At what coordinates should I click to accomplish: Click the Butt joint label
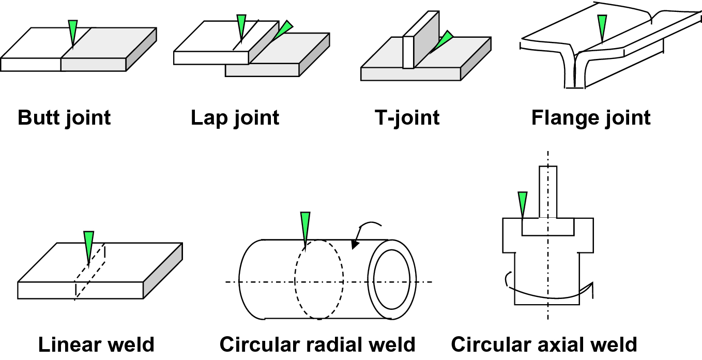point(64,118)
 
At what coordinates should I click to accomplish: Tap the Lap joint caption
point(235,118)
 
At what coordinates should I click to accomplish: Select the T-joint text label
point(407,118)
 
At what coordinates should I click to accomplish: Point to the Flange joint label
point(590,118)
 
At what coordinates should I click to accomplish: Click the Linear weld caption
point(96,344)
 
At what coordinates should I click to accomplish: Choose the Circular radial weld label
point(317,344)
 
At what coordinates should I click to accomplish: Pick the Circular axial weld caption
point(544,344)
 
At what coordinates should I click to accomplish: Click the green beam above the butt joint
point(73,32)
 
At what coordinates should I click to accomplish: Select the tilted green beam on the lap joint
point(283,29)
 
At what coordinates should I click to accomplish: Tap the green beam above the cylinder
point(305,228)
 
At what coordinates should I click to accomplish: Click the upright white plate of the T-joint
point(408,52)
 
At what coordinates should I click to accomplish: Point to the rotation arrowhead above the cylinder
point(355,245)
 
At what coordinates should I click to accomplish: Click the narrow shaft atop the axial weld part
point(547,191)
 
